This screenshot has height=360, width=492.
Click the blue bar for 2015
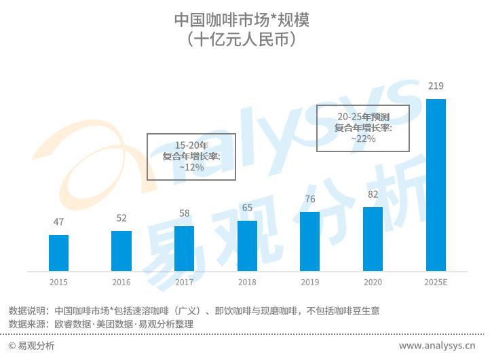pos(58,253)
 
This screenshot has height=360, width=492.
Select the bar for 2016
pos(121,251)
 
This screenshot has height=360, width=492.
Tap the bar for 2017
pos(184,249)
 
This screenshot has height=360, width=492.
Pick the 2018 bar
pos(247,246)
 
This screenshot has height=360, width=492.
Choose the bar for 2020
pos(373,239)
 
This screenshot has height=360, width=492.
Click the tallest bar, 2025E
pos(436,185)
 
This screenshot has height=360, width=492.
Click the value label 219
pos(436,86)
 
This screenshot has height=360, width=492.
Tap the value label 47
pos(58,222)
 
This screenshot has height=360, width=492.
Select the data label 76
pos(309,199)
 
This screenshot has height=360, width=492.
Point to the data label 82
pos(373,194)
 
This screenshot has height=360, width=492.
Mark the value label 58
pos(184,213)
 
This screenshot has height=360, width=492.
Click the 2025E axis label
pos(436,282)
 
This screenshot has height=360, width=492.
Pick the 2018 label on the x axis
pos(247,282)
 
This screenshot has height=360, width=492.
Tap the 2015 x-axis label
pos(58,282)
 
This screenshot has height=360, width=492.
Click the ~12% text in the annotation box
pos(191,167)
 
